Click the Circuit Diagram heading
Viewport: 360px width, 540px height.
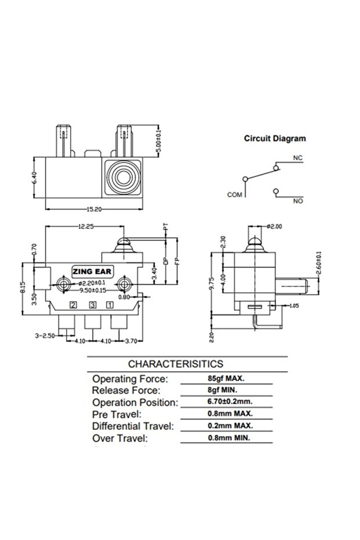point(274,139)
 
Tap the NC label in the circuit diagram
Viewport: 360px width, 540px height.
point(298,158)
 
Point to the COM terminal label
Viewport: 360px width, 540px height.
point(234,195)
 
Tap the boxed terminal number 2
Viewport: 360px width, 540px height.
point(73,305)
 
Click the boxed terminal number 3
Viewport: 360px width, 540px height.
point(92,305)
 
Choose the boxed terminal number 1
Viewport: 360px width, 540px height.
point(110,305)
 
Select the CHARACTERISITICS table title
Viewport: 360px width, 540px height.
point(175,364)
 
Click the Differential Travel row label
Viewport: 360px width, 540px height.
point(133,426)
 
